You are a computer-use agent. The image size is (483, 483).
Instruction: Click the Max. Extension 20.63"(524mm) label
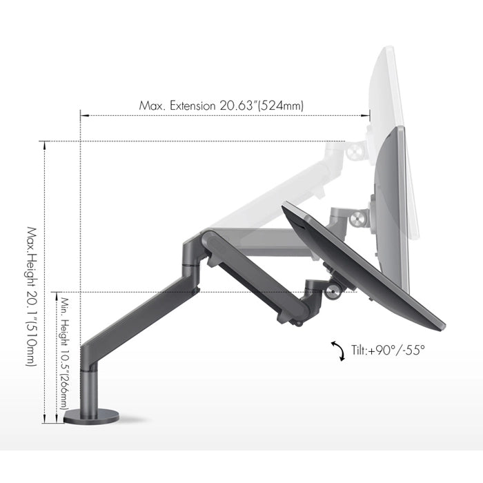pyautogui.click(x=221, y=106)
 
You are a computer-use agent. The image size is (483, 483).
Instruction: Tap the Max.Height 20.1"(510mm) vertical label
pyautogui.click(x=32, y=297)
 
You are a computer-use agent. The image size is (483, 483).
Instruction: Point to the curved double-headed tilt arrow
pyautogui.click(x=339, y=351)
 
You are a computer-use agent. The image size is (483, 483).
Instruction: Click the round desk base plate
pyautogui.click(x=91, y=417)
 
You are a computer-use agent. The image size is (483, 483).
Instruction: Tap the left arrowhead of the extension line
pyautogui.click(x=82, y=116)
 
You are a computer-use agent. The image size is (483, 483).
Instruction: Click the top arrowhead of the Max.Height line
pyautogui.click(x=46, y=144)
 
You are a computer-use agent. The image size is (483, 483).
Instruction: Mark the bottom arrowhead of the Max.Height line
pyautogui.click(x=46, y=420)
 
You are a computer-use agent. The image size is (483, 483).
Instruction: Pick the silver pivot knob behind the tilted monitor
pyautogui.click(x=335, y=290)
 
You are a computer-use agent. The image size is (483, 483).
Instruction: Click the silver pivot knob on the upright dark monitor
pyautogui.click(x=356, y=220)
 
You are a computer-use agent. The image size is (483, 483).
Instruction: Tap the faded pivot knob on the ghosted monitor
pyautogui.click(x=358, y=148)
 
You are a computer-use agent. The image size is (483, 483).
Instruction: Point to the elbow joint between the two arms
pyautogui.click(x=193, y=252)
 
